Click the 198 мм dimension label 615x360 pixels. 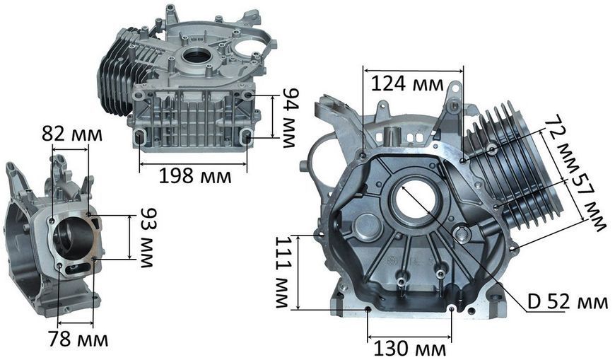pos(195,176)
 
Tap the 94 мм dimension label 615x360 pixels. pos(291,118)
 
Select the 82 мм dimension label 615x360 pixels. pos(72,134)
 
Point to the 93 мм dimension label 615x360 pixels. pos(148,238)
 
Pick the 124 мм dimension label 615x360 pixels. pos(407,83)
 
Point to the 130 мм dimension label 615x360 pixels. pos(409,348)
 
